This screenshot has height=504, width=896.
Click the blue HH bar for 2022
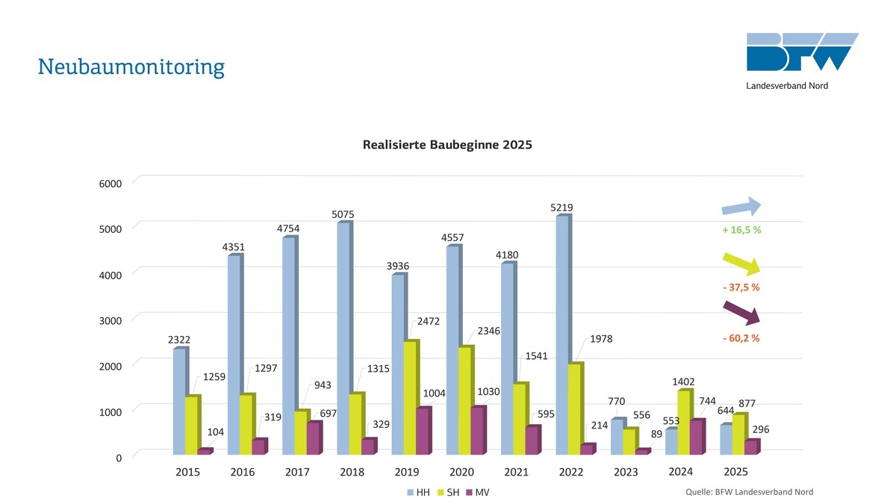tap(562, 335)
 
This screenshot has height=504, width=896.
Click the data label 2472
tap(428, 321)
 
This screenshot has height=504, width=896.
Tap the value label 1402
tap(683, 382)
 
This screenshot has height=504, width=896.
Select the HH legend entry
tap(418, 493)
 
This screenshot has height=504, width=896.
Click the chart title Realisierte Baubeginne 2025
tap(447, 145)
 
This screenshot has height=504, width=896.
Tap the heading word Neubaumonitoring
tap(131, 67)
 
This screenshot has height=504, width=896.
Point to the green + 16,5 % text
tap(741, 230)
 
